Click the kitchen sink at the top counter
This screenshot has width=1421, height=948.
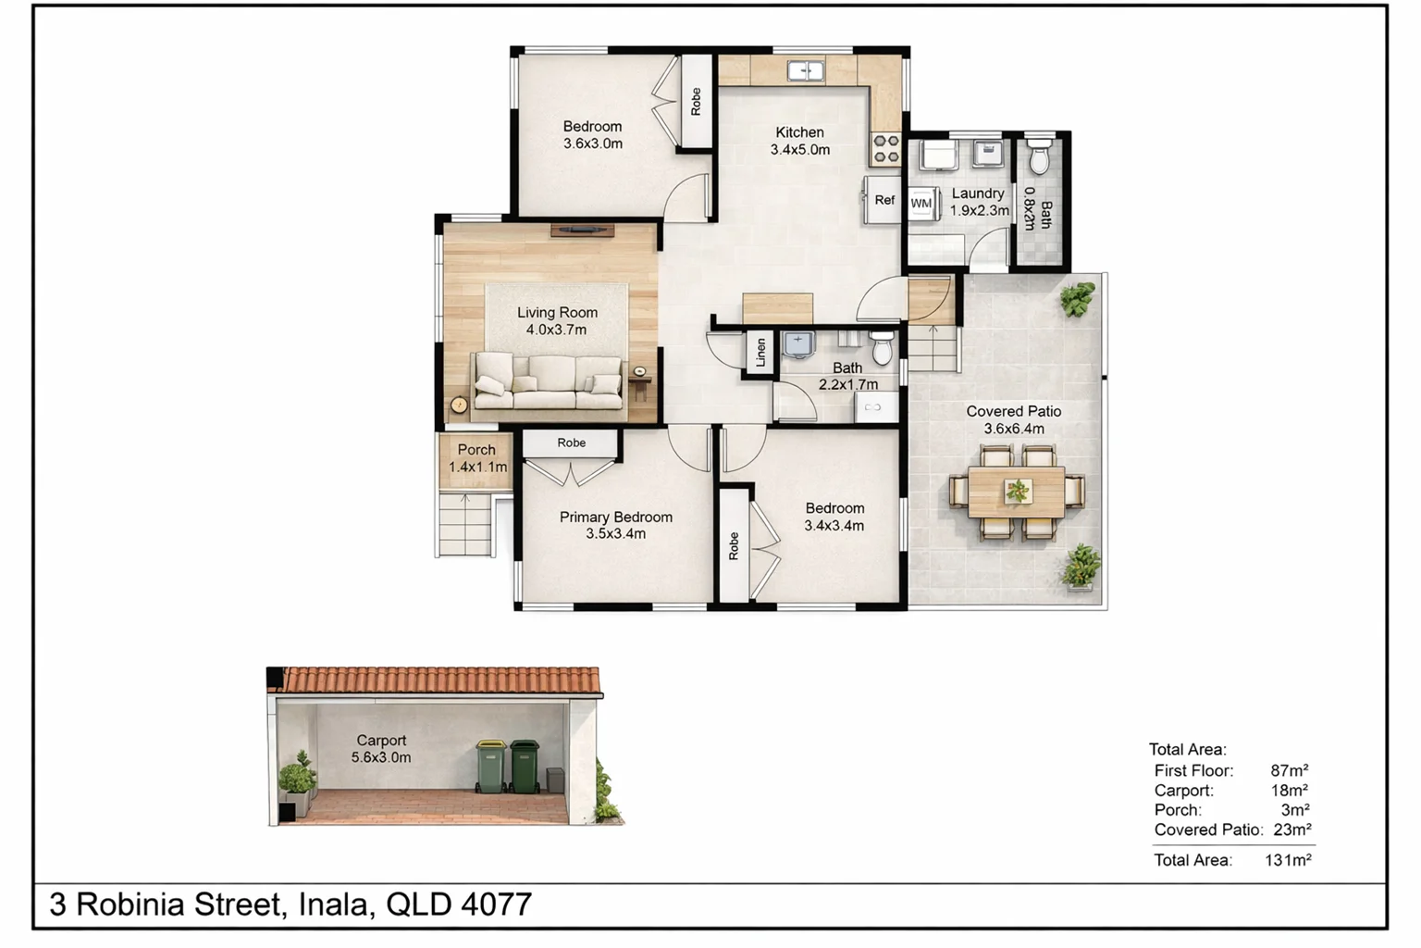806,70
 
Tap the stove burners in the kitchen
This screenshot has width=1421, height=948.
885,150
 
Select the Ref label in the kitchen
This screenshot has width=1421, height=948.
884,200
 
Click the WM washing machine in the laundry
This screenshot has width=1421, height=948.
921,204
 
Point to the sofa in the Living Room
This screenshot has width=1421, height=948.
548,381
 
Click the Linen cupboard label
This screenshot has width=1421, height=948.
760,353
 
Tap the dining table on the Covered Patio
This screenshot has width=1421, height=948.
1017,492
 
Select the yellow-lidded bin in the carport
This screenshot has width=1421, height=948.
491,766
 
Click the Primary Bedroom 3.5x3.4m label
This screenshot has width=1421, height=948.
615,525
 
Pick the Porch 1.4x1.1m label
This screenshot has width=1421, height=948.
477,458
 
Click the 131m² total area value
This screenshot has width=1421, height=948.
1288,860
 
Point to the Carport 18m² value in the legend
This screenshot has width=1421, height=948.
1289,791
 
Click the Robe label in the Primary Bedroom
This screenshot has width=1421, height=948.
571,443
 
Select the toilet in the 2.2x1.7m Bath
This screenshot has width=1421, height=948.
883,348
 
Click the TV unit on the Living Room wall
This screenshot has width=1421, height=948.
582,230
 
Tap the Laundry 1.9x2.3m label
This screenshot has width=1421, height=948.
979,202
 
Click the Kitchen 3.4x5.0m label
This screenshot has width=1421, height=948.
800,141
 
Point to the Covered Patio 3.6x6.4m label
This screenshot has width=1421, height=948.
1014,419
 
